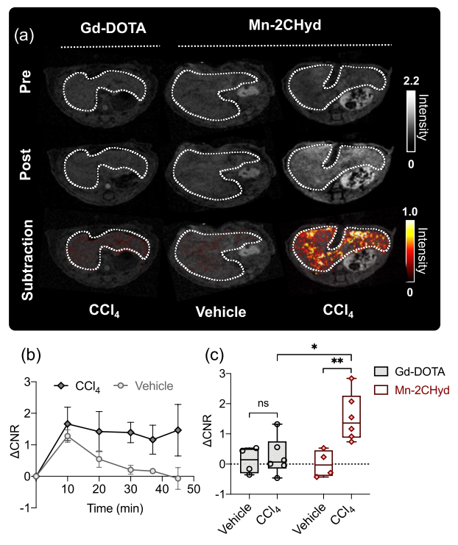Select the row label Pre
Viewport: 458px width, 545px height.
(25, 92)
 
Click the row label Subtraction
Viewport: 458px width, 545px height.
(25, 249)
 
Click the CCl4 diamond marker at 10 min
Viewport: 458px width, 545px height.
(68, 424)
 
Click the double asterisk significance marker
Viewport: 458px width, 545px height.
(339, 361)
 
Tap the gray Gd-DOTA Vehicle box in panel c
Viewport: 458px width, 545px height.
(250, 460)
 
